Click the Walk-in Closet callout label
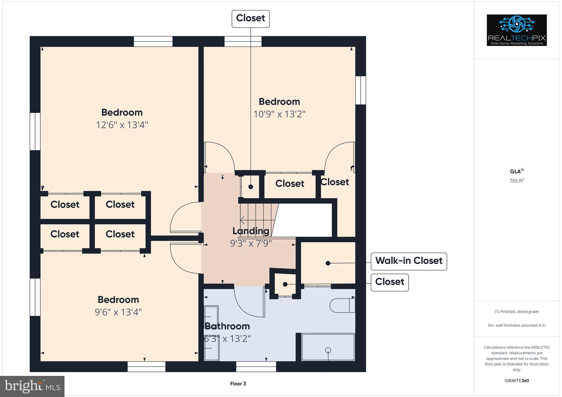tap(409, 261)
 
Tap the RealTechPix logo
tap(516, 30)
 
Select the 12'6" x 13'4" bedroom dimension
tap(122, 125)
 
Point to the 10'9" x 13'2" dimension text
tap(279, 114)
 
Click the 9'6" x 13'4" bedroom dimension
tap(118, 312)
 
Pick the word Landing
tap(251, 231)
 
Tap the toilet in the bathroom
tap(342, 305)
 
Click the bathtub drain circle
tap(328, 350)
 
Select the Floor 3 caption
tap(238, 384)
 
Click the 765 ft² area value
tap(517, 181)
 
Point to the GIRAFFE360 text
tap(517, 381)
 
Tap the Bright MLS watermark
tap(32, 386)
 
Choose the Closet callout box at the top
tap(251, 19)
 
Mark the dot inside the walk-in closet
tap(328, 263)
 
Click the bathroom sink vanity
tap(211, 333)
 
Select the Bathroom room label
tap(227, 326)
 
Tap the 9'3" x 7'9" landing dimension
tap(251, 243)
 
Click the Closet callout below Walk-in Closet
tap(390, 282)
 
